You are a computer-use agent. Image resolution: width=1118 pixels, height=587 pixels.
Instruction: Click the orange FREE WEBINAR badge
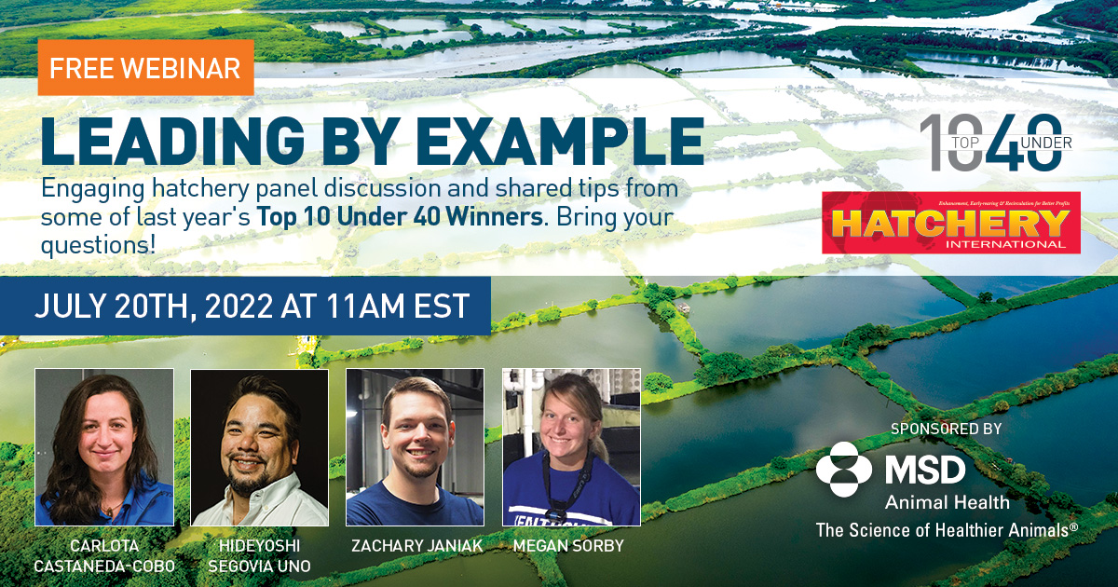145,68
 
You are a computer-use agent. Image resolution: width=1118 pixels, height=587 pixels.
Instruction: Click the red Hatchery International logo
950,223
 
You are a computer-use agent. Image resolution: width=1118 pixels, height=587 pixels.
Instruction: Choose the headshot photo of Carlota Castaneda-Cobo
104,446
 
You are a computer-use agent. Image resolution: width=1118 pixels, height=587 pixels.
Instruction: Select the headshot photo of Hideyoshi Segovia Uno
260,446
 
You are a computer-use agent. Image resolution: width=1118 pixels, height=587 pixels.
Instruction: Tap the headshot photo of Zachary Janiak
415,446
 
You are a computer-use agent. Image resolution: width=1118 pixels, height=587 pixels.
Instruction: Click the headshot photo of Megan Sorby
571,446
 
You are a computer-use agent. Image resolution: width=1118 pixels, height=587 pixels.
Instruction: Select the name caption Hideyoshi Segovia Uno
260,555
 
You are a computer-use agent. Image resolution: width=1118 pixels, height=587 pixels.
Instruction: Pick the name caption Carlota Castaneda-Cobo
104,555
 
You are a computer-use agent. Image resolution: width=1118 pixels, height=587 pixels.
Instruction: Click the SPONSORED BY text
946,430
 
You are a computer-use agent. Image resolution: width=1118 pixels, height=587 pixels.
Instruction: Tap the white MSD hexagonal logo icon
844,469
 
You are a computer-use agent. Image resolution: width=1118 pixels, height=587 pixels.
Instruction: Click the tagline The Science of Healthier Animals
947,529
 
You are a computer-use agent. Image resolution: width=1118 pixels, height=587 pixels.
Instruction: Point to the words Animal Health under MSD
947,502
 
